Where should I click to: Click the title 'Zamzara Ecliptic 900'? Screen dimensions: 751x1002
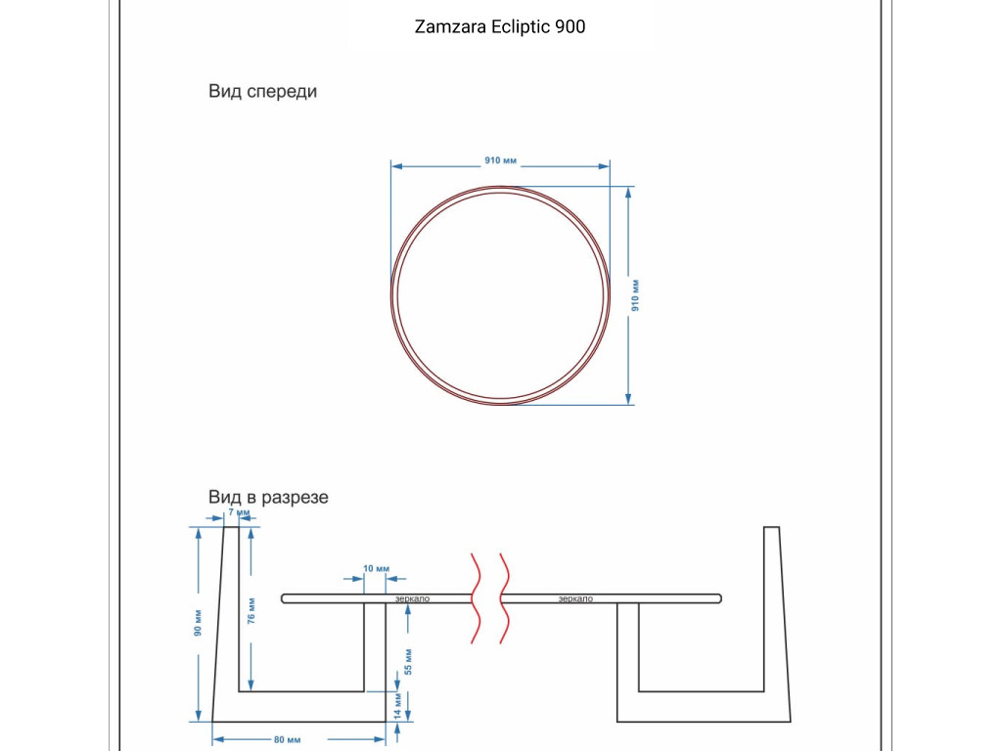[500, 27]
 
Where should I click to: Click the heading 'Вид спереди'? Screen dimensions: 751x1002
[262, 92]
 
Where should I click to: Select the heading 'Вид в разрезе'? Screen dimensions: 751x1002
[268, 498]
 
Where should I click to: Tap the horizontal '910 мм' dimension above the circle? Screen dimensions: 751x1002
[500, 159]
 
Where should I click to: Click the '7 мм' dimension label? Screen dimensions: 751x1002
[239, 512]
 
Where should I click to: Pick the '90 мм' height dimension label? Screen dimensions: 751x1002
[198, 623]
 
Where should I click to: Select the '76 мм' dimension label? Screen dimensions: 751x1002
[251, 613]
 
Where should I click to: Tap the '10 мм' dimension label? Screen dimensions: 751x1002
[376, 569]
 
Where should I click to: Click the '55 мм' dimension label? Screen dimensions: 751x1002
[409, 662]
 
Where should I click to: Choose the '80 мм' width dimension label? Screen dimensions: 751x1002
[287, 739]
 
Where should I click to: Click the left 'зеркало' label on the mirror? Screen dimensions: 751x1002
[412, 598]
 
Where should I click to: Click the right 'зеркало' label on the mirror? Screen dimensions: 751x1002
[575, 598]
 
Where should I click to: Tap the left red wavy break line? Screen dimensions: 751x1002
[475, 598]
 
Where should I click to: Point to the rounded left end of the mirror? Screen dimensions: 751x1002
[285, 598]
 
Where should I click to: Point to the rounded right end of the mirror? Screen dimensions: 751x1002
[718, 598]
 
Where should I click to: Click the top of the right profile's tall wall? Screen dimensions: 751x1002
[771, 529]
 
